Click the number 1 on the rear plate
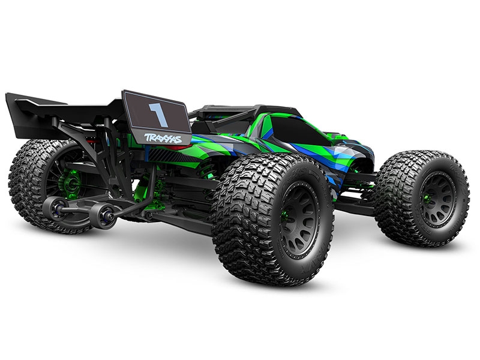(x=157, y=112)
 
